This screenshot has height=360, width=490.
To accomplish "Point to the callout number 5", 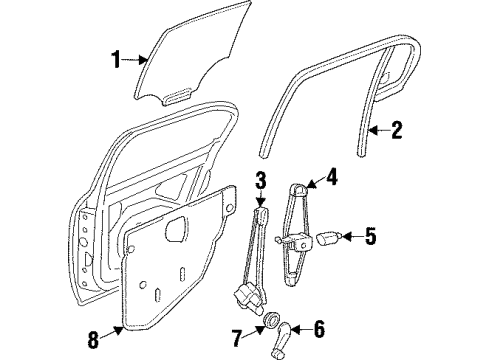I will pyautogui.click(x=370, y=237).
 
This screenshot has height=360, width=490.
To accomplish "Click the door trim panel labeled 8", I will pyautogui.click(x=180, y=260).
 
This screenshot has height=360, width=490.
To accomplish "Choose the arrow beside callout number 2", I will pyautogui.click(x=375, y=128).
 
